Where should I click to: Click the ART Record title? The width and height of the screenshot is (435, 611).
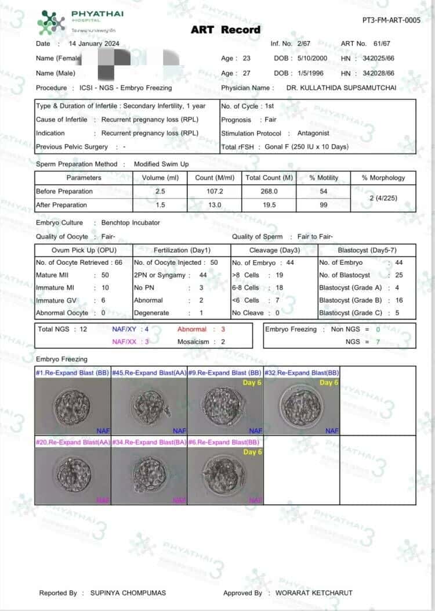click(x=226, y=30)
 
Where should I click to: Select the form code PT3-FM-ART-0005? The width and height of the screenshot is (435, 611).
click(x=391, y=20)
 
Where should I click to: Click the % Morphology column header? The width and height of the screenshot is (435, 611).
click(x=383, y=178)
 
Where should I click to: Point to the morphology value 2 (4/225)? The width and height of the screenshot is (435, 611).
click(x=383, y=198)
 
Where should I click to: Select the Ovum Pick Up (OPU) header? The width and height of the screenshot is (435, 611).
click(x=84, y=250)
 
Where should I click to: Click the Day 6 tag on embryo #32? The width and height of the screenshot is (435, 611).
click(x=329, y=383)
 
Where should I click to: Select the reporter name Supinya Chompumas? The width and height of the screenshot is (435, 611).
click(x=128, y=593)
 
